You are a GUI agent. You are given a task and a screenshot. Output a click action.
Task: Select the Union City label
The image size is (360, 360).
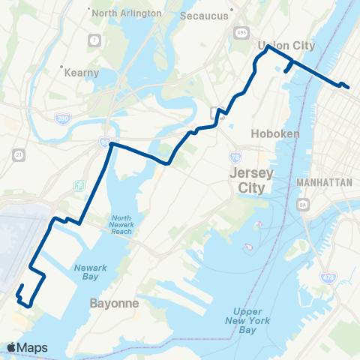coord(286,46)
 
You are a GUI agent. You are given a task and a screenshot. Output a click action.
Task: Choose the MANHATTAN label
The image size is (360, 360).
coord(325,182)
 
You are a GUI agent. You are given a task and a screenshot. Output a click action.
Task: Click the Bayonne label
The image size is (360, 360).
coord(115,304)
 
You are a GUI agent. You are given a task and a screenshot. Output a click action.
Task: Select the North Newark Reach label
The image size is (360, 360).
coord(116,223)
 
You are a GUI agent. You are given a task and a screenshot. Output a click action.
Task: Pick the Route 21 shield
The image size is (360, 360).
coord(17,154)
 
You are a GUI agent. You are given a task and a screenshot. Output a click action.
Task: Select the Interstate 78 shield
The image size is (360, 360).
coord(235,156)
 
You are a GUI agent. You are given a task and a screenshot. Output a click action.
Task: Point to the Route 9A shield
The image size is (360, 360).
coord(303,203)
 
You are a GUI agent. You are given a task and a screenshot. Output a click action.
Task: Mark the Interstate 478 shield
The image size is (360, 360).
coord(328,278)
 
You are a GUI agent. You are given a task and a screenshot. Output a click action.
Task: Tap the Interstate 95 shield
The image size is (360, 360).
coord(104,141)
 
